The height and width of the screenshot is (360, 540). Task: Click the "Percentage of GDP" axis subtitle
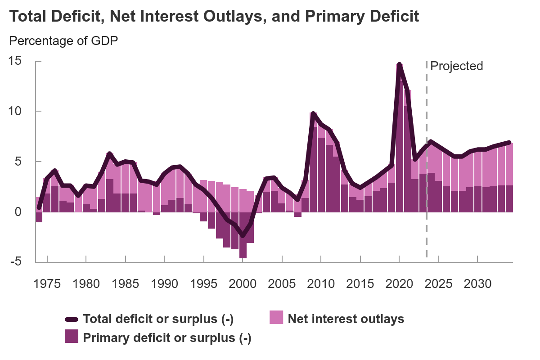point(63,41)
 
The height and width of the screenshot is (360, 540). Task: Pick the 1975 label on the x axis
point(47,284)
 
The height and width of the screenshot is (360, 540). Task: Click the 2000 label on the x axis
point(243,284)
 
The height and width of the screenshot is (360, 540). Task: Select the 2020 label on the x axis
point(399,284)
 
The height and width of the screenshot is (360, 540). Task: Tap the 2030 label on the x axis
point(477,284)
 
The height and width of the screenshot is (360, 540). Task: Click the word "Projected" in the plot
point(456,66)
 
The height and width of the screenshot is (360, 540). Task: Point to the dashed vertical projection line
point(426,180)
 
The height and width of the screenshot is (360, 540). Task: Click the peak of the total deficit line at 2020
point(399,64)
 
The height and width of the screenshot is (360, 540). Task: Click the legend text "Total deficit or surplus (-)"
point(158,319)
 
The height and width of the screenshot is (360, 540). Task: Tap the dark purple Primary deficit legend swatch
point(72,336)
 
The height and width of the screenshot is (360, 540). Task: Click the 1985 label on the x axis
point(125,284)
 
